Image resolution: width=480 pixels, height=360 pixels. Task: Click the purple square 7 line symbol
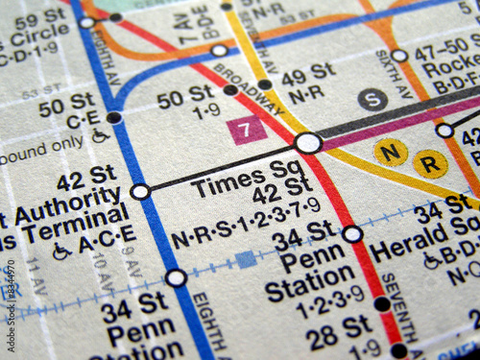(247, 130)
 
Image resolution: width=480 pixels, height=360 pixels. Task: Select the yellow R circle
(431, 164)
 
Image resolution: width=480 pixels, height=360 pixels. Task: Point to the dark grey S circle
(372, 99)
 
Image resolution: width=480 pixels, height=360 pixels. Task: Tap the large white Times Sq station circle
(308, 143)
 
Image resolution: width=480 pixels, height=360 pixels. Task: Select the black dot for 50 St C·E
(114, 117)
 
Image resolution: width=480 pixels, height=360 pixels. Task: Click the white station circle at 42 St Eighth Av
(139, 191)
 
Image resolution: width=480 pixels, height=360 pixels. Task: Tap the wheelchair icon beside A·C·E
(61, 252)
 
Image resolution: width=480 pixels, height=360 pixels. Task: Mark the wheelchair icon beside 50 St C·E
(100, 135)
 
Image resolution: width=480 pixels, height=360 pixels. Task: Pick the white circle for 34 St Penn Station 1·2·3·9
(352, 233)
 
